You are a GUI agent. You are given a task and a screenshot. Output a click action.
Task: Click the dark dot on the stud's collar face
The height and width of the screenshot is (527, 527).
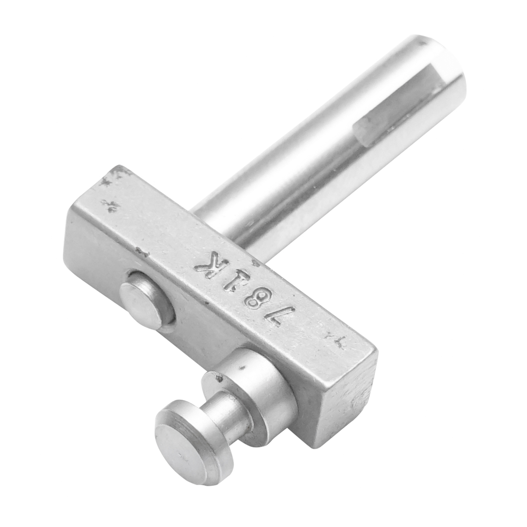point(241,364)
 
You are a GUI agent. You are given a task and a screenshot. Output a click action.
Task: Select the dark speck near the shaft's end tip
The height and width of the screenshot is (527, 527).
point(425,43)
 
